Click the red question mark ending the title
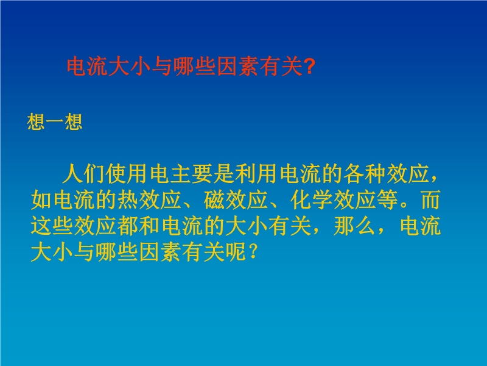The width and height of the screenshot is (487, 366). pyautogui.click(x=309, y=66)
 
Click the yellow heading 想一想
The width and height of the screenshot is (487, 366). pyautogui.click(x=55, y=121)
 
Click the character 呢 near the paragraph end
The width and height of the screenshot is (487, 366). pyautogui.click(x=236, y=251)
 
